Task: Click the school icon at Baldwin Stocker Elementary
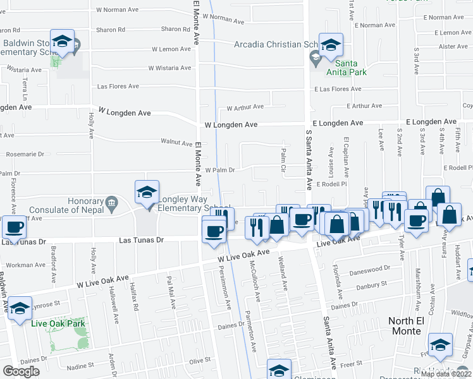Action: point(62,42)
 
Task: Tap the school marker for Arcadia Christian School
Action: point(331,45)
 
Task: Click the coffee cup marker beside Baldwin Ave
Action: point(14,228)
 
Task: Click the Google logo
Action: point(21,371)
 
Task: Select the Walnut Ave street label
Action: point(176,143)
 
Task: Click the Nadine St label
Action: point(80,365)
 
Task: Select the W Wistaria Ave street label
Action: point(169,68)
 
